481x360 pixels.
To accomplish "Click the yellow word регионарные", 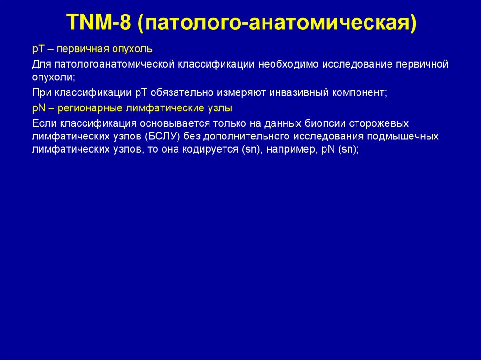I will [88, 108].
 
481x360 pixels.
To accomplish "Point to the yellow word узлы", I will [220, 108].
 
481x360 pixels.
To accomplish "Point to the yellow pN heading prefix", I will [38, 108].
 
